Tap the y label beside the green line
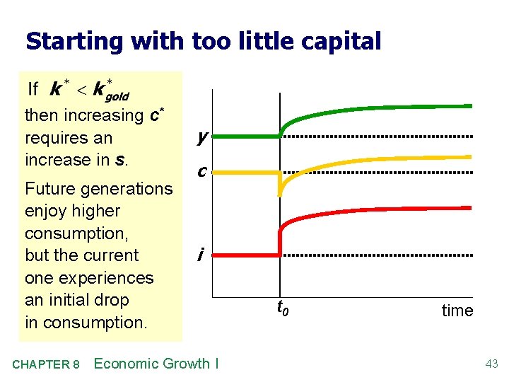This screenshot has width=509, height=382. (x=202, y=137)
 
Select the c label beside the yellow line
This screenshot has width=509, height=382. (x=202, y=172)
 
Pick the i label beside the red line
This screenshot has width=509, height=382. (x=201, y=254)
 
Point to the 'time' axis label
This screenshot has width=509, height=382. (x=457, y=311)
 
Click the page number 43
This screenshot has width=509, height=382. (x=491, y=364)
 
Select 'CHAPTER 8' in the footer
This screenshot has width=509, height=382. (x=45, y=365)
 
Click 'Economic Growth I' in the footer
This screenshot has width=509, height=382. (x=156, y=364)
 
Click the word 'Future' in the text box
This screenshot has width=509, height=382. (x=49, y=189)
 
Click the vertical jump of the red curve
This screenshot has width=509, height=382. (x=280, y=241)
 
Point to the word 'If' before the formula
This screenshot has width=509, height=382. (x=33, y=89)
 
